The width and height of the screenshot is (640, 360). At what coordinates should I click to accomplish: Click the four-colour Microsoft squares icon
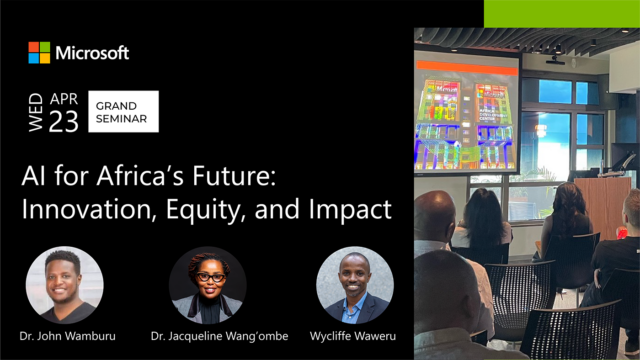39,52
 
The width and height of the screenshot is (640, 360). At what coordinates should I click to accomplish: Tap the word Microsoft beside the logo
92,52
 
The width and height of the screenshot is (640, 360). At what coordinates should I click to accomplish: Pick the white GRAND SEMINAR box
123,110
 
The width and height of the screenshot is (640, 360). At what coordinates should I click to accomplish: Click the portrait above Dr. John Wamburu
64,285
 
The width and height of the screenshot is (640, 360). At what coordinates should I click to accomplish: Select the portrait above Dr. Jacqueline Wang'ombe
208,285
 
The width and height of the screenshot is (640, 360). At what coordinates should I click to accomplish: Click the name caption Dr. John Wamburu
64,337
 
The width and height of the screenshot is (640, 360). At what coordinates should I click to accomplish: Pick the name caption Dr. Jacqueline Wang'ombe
208,337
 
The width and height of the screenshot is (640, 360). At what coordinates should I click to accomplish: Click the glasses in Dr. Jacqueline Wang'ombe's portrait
209,277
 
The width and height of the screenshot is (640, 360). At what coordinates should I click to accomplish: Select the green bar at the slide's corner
561,13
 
